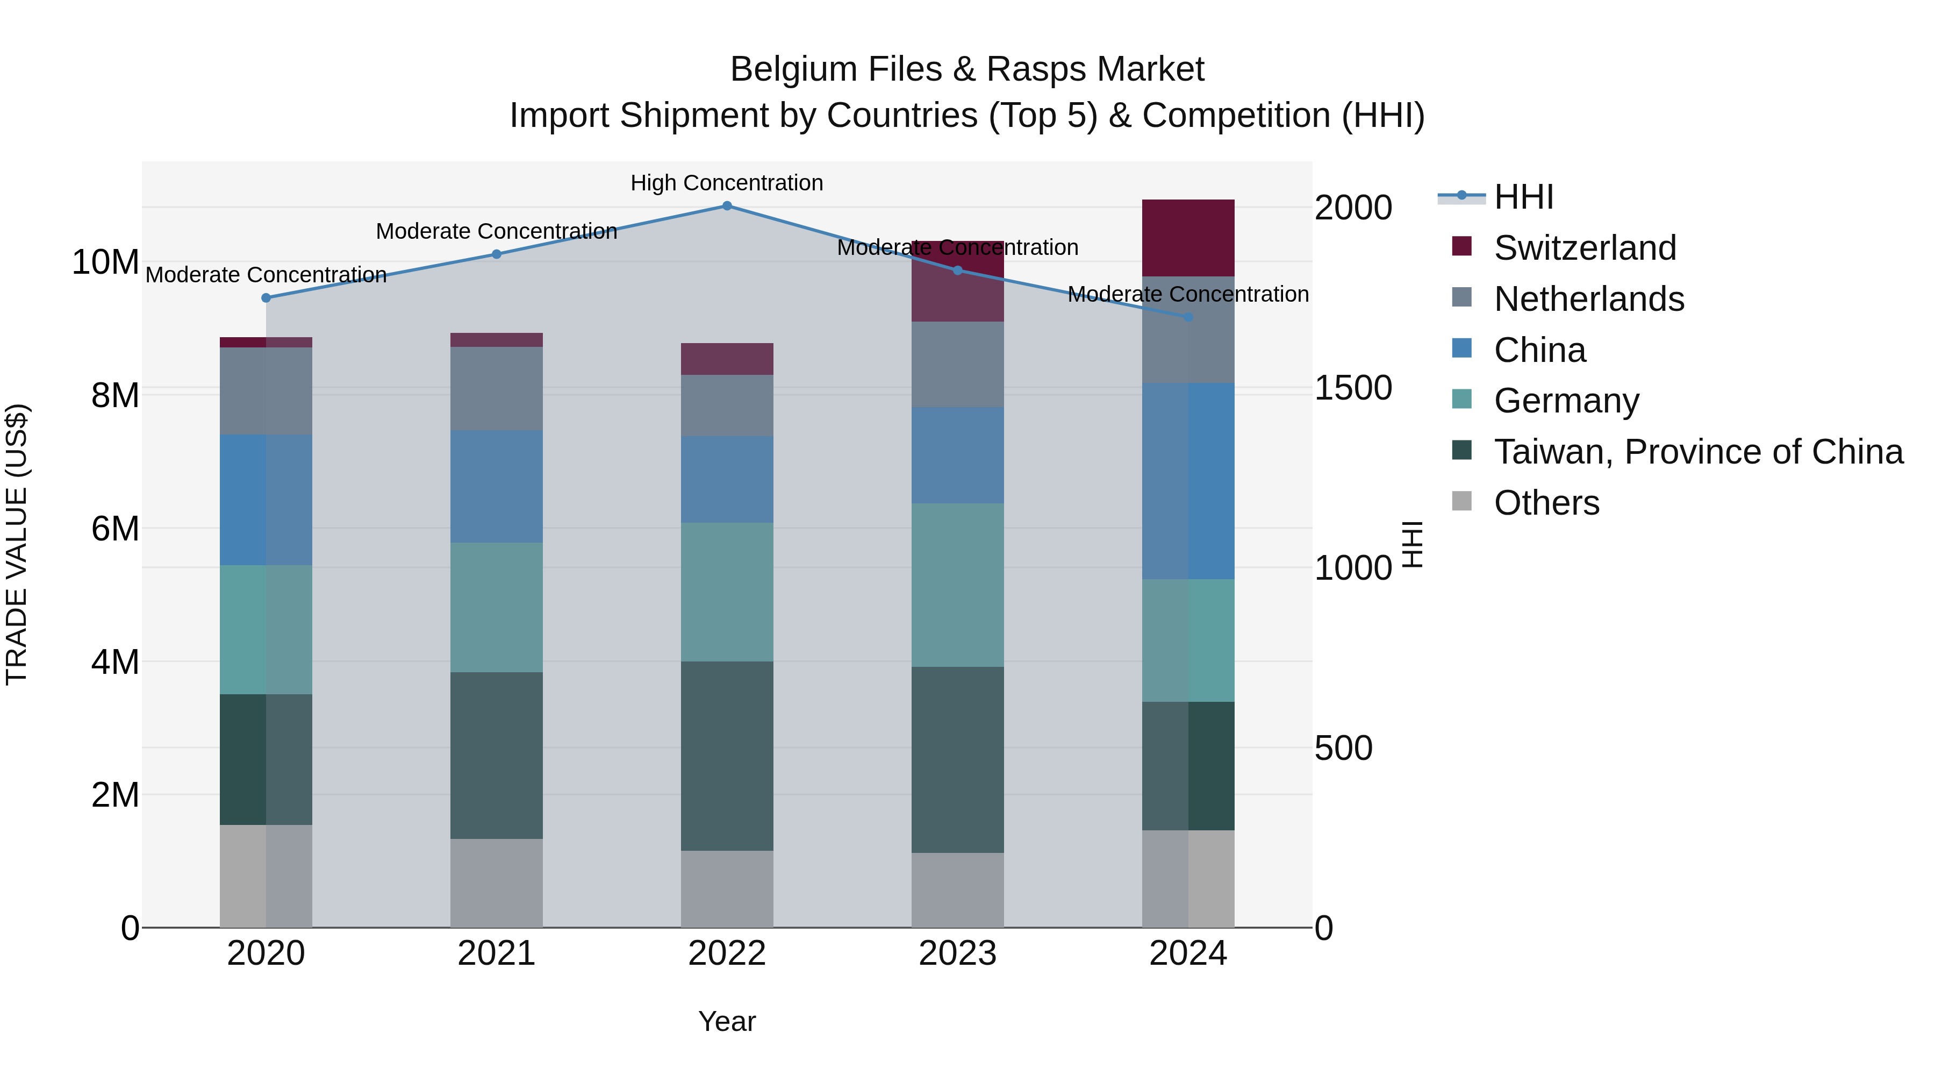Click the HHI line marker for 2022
pos(726,206)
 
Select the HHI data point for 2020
pos(266,297)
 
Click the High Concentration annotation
pos(726,183)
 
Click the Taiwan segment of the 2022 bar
pos(726,756)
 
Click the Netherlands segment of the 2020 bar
pos(266,391)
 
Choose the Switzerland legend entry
pos(1585,248)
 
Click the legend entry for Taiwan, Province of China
pos(1697,452)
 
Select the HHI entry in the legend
pos(1523,197)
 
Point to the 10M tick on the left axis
pos(105,262)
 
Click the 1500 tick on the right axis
pos(1353,388)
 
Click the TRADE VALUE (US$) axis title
pos(17,544)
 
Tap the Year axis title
pos(726,1021)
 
